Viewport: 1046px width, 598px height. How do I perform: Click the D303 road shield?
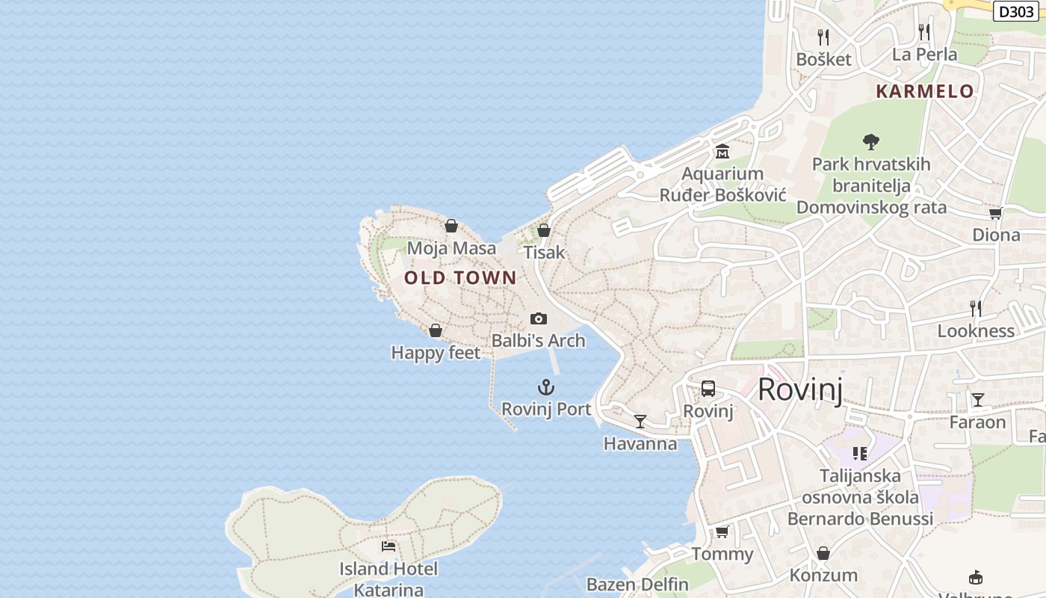1016,11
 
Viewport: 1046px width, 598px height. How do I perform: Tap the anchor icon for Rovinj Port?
546,387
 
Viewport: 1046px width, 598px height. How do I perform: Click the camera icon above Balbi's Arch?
538,319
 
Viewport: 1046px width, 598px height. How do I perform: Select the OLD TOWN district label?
460,278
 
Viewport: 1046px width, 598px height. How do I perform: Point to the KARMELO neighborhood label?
925,91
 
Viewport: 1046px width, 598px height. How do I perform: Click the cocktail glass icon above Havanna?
640,422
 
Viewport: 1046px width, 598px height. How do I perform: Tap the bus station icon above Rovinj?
708,389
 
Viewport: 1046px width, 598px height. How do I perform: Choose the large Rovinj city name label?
800,389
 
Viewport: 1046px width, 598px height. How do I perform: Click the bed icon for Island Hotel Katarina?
389,546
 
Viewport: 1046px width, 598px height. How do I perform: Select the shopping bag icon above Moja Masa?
451,226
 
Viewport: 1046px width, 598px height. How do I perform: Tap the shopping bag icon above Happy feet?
436,330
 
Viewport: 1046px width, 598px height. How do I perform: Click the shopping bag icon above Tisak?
544,230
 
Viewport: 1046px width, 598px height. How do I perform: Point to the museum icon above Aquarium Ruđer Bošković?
722,152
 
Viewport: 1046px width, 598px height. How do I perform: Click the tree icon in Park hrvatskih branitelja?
870,141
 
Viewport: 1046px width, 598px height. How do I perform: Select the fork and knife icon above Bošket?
823,37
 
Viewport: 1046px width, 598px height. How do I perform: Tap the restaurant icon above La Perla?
924,31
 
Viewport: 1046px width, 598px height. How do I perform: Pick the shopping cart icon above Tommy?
722,531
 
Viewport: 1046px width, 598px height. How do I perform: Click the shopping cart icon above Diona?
995,213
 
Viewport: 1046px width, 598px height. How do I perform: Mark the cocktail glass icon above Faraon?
977,399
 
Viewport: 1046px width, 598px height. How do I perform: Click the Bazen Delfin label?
637,584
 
